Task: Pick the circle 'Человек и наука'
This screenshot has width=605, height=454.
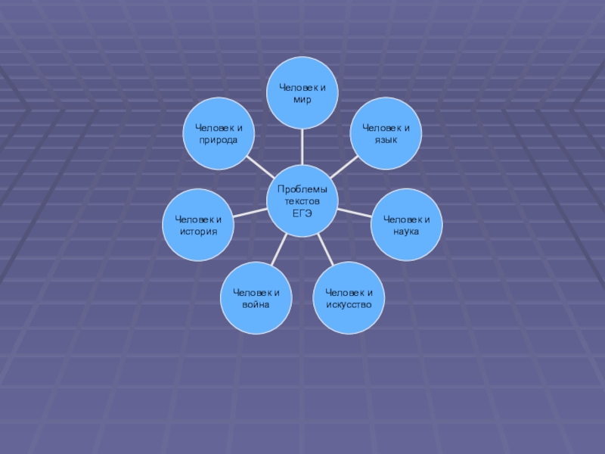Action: coord(407,225)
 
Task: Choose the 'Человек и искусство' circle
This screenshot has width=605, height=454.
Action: coord(349,297)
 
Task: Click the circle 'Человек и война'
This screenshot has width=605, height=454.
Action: coord(256,297)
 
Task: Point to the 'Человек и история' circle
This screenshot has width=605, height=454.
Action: coord(199,225)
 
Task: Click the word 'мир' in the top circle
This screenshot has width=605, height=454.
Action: coord(302,99)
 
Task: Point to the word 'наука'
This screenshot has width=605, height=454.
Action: coord(407,230)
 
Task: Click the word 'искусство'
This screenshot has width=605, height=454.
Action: coord(349,303)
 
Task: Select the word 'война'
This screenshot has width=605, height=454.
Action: coord(256,303)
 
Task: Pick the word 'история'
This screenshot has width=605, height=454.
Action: coord(199,230)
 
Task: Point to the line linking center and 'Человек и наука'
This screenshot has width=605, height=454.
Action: coord(354,213)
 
